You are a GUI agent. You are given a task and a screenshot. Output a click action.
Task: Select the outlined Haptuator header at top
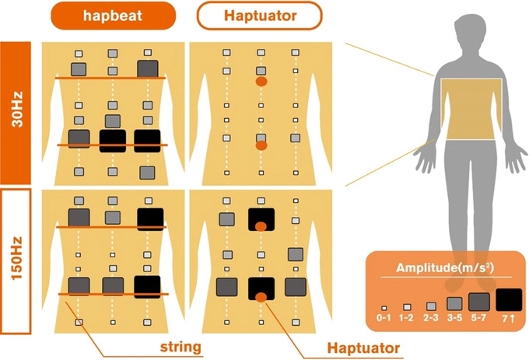[258, 15]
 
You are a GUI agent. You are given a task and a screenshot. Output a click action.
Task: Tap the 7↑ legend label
[509, 319]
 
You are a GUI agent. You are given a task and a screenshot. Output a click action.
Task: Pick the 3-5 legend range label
[454, 319]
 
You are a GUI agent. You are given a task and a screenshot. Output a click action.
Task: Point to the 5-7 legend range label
[479, 319]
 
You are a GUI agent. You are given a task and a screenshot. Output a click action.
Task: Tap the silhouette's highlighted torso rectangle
[471, 109]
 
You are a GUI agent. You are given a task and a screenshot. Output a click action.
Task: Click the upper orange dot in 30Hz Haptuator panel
[261, 80]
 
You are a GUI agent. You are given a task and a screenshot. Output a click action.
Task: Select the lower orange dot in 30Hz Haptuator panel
[261, 145]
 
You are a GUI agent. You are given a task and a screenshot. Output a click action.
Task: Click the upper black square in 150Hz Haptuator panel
[261, 218]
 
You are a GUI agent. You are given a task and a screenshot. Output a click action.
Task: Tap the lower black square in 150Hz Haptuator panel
[261, 288]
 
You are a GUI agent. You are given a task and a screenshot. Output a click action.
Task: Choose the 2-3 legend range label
[430, 319]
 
